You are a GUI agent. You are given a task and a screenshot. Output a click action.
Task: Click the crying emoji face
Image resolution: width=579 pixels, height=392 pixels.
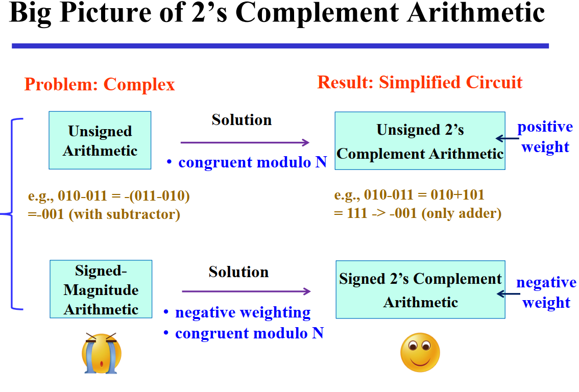coord(102,353)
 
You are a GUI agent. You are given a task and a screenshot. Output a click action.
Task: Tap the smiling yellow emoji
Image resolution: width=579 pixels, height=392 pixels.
coord(420,353)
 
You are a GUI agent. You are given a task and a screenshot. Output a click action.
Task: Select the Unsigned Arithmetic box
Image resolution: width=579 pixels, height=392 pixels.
coord(100,140)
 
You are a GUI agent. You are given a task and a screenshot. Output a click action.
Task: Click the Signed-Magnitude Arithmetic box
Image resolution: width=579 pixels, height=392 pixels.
coord(101,289)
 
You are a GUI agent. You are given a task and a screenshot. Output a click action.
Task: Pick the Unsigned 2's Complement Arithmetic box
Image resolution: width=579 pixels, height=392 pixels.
coord(420,141)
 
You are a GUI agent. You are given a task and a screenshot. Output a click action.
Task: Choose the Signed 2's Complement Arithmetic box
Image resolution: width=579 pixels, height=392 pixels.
coord(420,289)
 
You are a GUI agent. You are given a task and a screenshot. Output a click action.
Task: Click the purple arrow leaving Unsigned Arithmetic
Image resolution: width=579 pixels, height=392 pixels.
coord(245,142)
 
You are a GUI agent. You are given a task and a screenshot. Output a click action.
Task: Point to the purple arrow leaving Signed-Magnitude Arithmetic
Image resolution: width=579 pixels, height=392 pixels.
coord(246,291)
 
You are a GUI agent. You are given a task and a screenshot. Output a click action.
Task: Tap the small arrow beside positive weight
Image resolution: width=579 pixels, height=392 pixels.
coord(507,139)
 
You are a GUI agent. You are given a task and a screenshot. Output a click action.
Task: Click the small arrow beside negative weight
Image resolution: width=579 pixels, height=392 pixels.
coord(509,294)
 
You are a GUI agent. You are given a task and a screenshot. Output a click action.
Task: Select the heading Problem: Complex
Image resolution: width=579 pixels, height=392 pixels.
coord(100,85)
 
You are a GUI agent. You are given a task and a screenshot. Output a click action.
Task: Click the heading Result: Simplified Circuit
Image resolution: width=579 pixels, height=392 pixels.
coord(420,82)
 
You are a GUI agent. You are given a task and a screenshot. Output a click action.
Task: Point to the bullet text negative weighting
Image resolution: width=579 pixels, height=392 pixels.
coord(243,312)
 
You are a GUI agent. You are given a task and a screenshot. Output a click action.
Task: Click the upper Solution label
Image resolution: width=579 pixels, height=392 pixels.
coord(242,120)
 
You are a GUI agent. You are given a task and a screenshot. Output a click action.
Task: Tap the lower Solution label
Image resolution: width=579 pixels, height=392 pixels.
coord(238,272)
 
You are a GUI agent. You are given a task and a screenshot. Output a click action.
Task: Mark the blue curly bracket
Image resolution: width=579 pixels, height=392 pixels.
coord(12,214)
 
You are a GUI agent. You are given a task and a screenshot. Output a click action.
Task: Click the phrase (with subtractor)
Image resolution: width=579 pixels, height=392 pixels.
coord(125,214)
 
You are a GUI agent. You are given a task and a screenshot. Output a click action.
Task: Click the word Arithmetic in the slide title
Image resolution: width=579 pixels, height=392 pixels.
coord(476,13)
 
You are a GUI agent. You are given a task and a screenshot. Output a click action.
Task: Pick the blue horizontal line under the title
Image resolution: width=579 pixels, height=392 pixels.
coord(280,46)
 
